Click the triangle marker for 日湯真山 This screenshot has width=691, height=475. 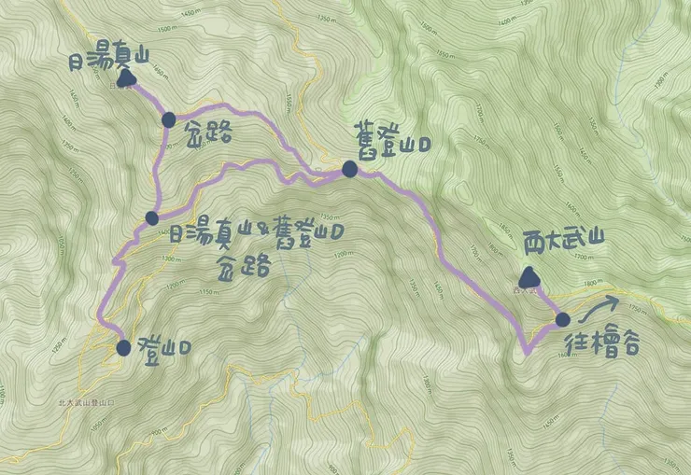(126, 80)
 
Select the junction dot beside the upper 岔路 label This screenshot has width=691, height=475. (169, 119)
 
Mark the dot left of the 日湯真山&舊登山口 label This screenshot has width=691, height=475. (152, 218)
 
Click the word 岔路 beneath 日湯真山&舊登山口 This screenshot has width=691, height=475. (243, 265)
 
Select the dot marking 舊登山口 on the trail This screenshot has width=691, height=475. (349, 169)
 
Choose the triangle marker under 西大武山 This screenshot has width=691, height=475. (529, 276)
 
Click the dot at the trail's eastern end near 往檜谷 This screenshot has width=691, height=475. (562, 320)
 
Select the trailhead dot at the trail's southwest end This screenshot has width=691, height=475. (124, 348)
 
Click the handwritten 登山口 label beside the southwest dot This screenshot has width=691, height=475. (165, 347)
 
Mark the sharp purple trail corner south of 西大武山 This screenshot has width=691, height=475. (527, 350)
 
